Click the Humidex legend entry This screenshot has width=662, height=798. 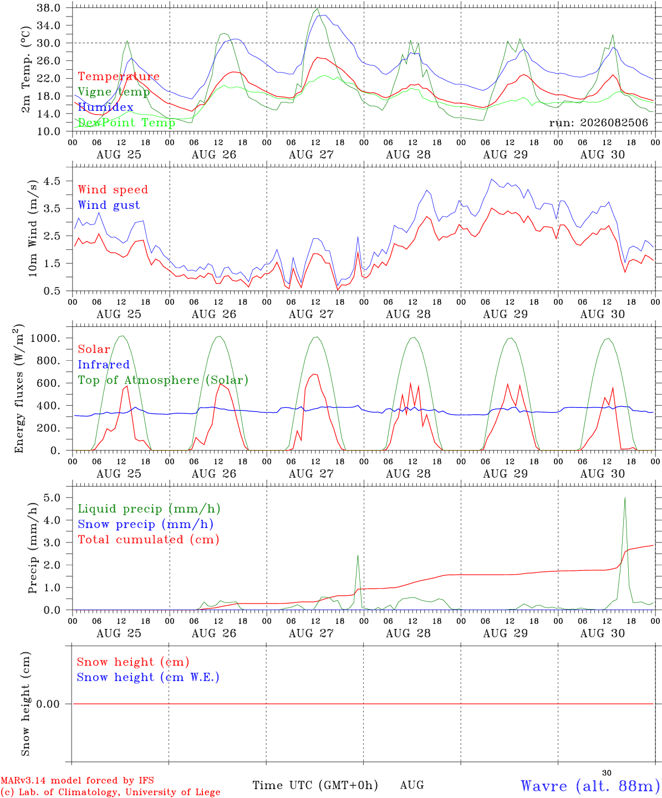pos(105,107)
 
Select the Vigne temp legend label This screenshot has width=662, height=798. pos(114,92)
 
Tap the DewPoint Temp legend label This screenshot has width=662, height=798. pos(126,122)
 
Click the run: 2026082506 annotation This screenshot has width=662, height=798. pos(598,122)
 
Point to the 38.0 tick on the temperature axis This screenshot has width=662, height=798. pos(48,8)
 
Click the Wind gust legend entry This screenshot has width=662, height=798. pos(109,206)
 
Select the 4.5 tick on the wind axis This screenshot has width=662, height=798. pos(52,181)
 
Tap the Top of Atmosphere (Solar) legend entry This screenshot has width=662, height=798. pos(163,380)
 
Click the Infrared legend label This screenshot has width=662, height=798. pos(104,365)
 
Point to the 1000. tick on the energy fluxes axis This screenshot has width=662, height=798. pos(45,338)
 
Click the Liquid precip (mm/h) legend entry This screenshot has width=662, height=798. pos(149,509)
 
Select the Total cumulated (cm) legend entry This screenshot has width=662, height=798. pos(149,540)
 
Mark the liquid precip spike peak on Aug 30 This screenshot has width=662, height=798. pos(625,498)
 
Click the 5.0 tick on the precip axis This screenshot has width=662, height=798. pos(52,498)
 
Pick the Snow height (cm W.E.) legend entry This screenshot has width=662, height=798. pos(148,677)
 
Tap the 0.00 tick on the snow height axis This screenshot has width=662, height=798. pos(48,704)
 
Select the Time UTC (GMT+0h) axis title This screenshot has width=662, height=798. pos(315,785)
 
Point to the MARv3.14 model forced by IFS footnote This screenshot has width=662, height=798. pos(77,780)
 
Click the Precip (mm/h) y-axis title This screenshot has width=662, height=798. pos(33,548)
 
